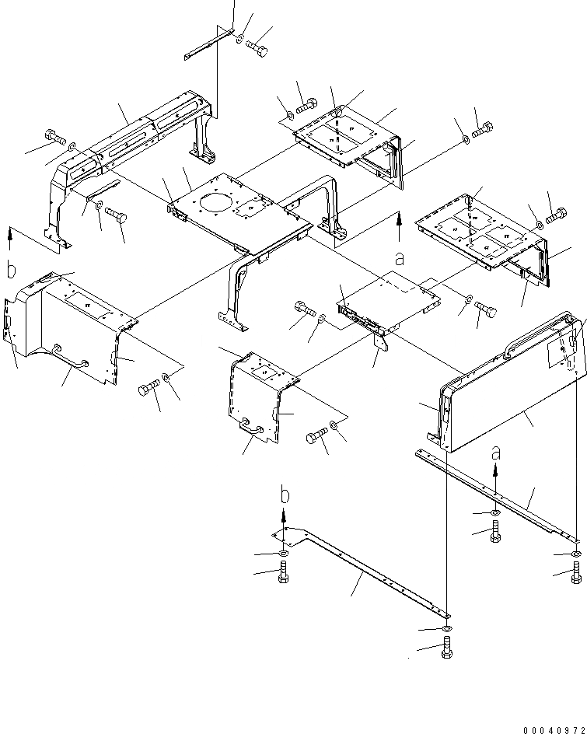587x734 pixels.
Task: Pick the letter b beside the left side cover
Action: point(11,271)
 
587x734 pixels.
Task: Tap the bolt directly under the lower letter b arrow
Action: point(283,576)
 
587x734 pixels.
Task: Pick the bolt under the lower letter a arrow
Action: point(495,535)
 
